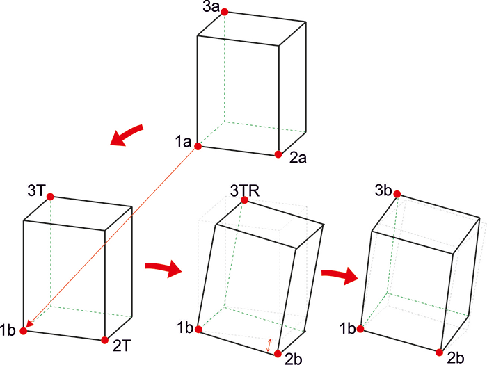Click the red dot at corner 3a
coord(225,12)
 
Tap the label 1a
coord(183,142)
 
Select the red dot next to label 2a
coord(278,154)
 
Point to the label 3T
coord(37,190)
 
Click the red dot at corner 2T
coord(105,340)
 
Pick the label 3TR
coord(245,190)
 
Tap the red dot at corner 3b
coord(397,194)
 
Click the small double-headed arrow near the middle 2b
coord(269,345)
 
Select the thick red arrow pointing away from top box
coord(127,135)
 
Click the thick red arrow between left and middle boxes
coord(163,269)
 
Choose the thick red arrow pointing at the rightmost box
coord(340,275)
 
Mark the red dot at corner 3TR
coord(244,200)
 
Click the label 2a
coord(298,158)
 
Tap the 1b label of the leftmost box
coord(8,330)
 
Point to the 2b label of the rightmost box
coord(456,358)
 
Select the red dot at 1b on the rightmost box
coord(360,329)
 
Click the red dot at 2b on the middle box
coord(278,354)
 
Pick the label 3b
coord(383,190)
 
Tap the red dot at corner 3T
coord(50,197)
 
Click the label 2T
coord(122,346)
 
